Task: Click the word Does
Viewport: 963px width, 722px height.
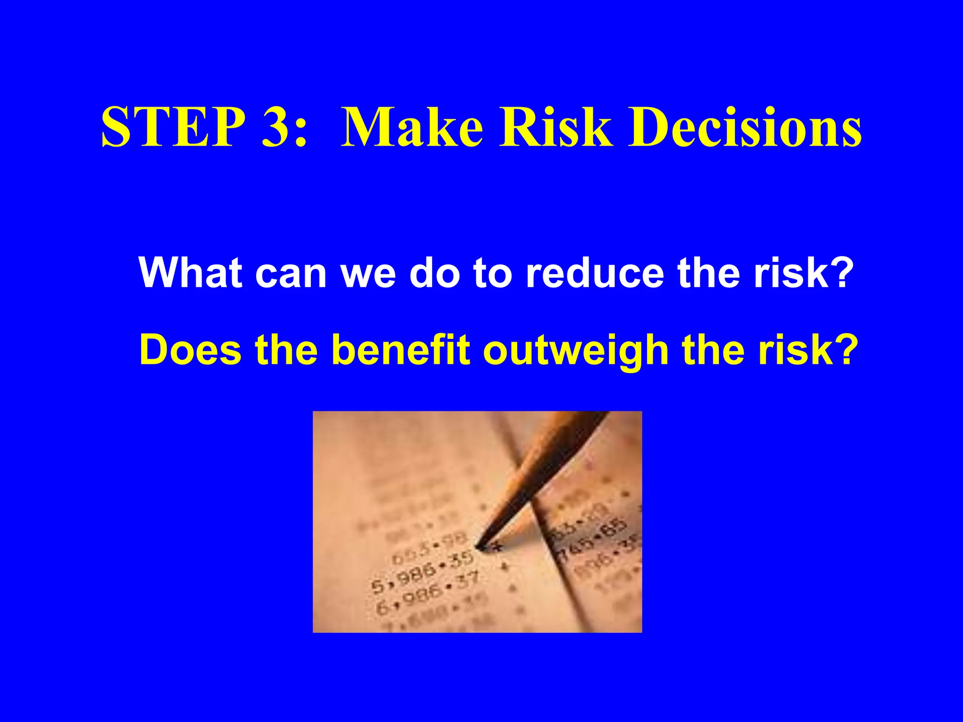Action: point(190,350)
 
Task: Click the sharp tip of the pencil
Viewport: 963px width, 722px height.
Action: point(478,547)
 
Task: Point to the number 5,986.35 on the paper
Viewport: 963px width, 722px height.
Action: point(422,573)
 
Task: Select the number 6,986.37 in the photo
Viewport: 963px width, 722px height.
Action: point(427,593)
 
